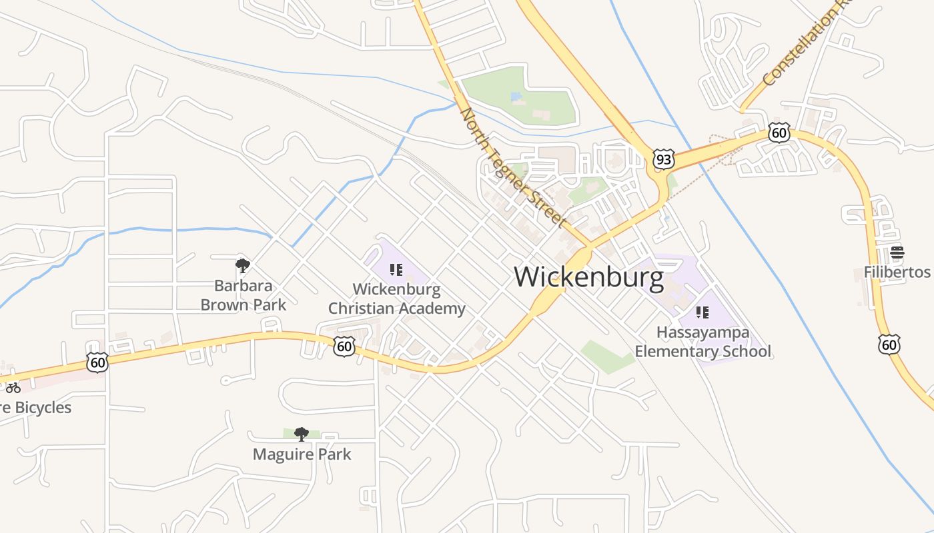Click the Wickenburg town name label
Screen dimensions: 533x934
[x=588, y=277]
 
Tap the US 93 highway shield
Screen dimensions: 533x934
[x=664, y=159]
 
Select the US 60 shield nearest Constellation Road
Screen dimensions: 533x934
[x=779, y=133]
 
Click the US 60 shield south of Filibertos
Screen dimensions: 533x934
[x=889, y=344]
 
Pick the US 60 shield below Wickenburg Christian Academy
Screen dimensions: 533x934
[x=344, y=346]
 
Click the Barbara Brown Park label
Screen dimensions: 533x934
[x=244, y=295]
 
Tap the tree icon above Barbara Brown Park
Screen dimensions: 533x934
[x=243, y=266]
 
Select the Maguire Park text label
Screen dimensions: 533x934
[x=302, y=454]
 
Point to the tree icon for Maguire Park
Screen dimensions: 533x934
[x=302, y=434]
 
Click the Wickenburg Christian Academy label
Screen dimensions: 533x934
[x=397, y=299]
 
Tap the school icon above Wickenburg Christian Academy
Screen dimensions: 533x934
[x=396, y=270]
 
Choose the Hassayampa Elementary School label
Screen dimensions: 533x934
[x=703, y=342]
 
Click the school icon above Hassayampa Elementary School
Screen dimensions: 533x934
[x=702, y=312]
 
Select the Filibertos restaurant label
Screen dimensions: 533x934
[x=897, y=272]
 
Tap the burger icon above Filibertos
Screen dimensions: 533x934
[x=897, y=253]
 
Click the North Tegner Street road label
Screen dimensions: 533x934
[x=513, y=167]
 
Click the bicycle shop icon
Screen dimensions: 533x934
[x=13, y=387]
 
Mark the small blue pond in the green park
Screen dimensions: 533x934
[x=516, y=97]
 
